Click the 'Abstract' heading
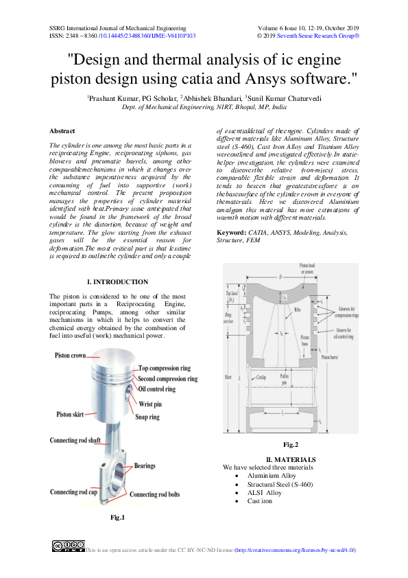62,131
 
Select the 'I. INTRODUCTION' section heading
118,282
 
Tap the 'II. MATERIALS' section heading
291,459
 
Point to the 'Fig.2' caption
291,445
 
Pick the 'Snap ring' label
147,417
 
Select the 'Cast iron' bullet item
260,501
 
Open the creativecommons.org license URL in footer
294,551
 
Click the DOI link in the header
147,35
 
